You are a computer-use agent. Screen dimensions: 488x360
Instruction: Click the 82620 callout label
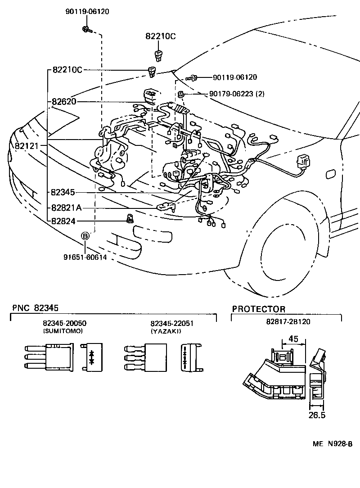click(63, 102)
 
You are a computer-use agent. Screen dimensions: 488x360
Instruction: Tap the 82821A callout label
click(66, 208)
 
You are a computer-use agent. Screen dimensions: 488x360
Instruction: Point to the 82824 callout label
click(63, 221)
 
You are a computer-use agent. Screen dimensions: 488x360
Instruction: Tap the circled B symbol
click(85, 235)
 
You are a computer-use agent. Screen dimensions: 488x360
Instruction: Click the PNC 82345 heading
click(35, 308)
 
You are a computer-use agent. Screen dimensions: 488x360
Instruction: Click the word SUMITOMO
click(63, 331)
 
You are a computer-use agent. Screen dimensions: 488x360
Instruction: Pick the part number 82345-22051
click(172, 324)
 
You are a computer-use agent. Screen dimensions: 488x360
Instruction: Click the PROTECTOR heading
click(258, 309)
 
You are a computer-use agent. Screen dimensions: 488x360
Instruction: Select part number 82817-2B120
click(288, 322)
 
